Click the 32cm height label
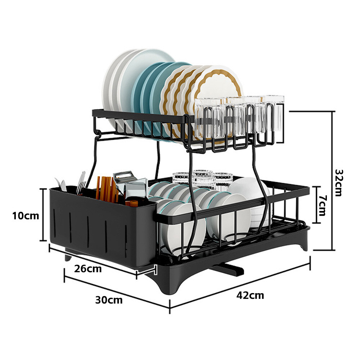click(339, 183)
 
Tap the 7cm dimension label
click(322, 206)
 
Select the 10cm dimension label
click(26, 216)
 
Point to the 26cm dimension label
click(88, 269)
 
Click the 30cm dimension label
click(109, 300)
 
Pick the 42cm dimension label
click(250, 295)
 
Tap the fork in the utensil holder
click(81, 184)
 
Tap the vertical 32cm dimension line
click(332, 181)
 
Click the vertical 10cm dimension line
click(43, 215)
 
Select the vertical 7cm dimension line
click(316, 205)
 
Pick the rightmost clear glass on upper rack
click(274, 114)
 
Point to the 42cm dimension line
click(240, 285)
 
